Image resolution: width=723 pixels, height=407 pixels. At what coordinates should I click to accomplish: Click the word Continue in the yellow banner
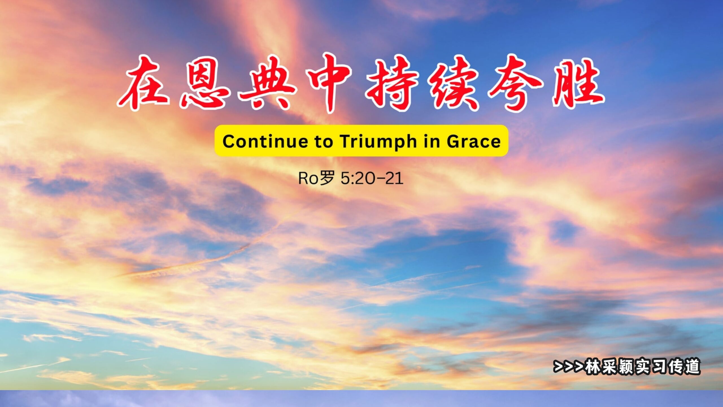(265, 141)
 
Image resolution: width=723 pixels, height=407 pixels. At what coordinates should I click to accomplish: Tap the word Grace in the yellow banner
(474, 141)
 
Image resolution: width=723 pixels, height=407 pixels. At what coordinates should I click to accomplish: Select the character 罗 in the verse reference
(327, 178)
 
